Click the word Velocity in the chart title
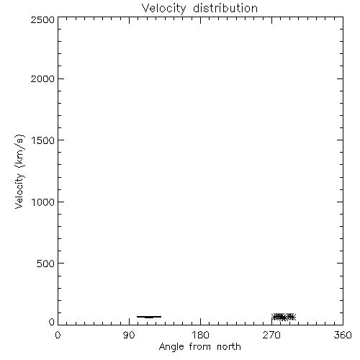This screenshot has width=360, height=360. (x=163, y=9)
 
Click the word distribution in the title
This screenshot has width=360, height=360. (x=225, y=8)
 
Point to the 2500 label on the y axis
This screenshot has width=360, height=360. (x=42, y=19)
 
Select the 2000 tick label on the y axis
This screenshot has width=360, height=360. (x=42, y=78)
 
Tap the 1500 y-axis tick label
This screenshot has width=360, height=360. (x=43, y=140)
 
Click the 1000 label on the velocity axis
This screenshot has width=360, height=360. (x=43, y=202)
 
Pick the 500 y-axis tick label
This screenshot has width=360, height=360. (x=46, y=264)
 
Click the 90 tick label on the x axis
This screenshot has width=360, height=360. (x=129, y=335)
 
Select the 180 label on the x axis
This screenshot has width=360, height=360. (x=200, y=335)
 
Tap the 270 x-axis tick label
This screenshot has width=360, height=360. (x=271, y=335)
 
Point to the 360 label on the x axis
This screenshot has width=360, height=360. (x=343, y=335)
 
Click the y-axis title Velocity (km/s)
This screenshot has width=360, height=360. (x=19, y=171)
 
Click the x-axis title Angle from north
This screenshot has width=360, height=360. (x=200, y=347)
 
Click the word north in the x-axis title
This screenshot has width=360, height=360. (x=229, y=347)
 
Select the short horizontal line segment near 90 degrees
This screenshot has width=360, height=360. (x=149, y=317)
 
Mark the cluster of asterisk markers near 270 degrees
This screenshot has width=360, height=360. (x=284, y=317)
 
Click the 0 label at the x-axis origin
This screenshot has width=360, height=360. (x=58, y=335)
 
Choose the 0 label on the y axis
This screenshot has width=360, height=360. (x=52, y=322)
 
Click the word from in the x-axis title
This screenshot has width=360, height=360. (x=200, y=347)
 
